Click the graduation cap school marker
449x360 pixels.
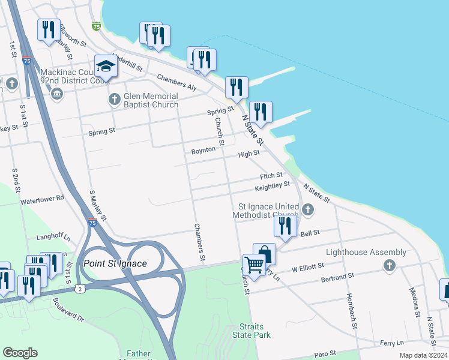[106, 66]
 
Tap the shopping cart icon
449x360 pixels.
[254, 264]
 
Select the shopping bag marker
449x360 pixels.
[264, 254]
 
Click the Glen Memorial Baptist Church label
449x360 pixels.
[151, 100]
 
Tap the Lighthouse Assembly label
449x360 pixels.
[357, 253]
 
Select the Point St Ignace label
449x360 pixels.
[115, 264]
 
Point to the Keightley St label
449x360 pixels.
[272, 187]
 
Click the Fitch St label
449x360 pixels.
[271, 176]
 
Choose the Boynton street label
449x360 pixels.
[203, 150]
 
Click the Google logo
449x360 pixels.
[20, 353]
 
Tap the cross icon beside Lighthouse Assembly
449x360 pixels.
[389, 265]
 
